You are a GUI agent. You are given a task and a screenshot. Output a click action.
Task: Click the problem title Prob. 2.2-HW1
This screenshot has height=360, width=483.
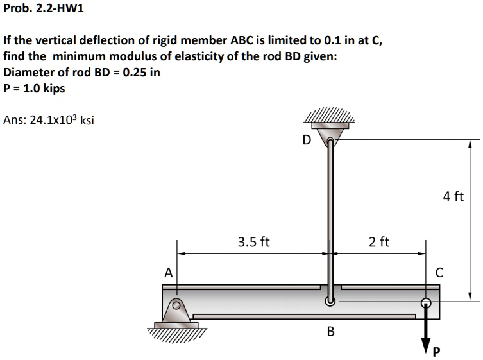pyautogui.click(x=44, y=9)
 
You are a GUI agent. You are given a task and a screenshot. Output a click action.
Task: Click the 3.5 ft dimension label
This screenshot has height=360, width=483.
pyautogui.click(x=253, y=242)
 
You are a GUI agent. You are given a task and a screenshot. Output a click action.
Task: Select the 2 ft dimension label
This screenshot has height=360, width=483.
pyautogui.click(x=379, y=242)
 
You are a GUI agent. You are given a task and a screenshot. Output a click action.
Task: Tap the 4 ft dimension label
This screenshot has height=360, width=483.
pyautogui.click(x=453, y=196)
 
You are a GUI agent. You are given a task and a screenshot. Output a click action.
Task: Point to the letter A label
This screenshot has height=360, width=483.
pyautogui.click(x=168, y=272)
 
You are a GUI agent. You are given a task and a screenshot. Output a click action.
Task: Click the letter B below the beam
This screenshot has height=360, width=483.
pyautogui.click(x=330, y=331)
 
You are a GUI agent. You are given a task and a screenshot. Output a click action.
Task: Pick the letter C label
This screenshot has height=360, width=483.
pyautogui.click(x=439, y=272)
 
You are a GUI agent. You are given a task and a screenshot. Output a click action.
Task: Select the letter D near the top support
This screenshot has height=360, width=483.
pyautogui.click(x=306, y=139)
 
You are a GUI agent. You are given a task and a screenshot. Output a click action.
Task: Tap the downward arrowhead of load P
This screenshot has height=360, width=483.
pyautogui.click(x=425, y=347)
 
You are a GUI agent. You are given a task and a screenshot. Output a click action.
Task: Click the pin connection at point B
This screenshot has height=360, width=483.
pyautogui.click(x=330, y=300)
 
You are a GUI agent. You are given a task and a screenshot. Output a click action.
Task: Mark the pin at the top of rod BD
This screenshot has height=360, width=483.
pyautogui.click(x=330, y=142)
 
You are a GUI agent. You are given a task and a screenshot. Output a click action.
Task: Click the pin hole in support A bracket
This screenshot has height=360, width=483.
pyautogui.click(x=176, y=305)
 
